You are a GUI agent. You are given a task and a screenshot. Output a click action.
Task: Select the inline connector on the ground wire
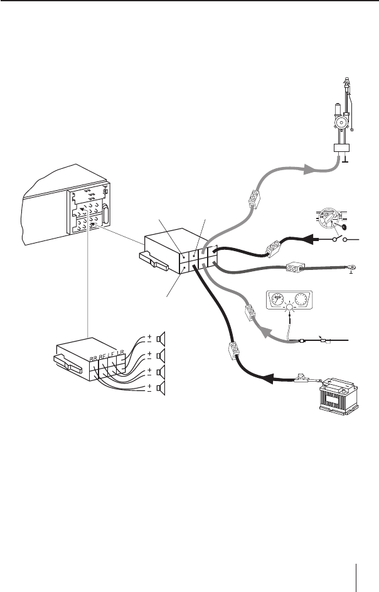point(295,268)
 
